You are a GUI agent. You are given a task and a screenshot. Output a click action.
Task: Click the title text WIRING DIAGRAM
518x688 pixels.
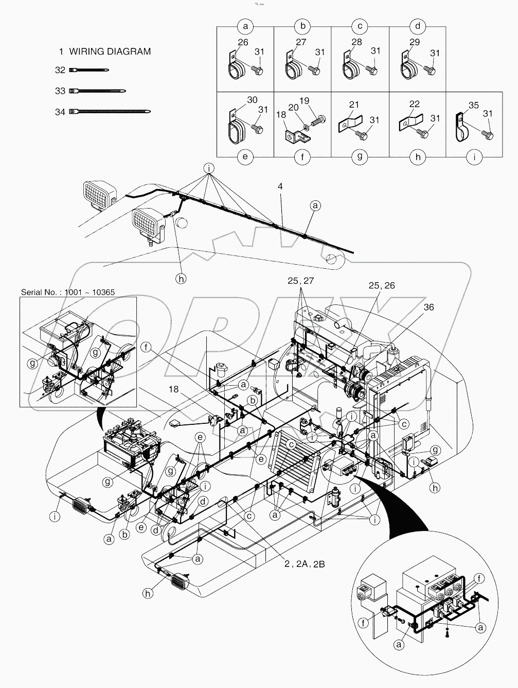[110, 51]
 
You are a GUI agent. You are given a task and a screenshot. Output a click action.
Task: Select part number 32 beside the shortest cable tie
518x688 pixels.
[60, 70]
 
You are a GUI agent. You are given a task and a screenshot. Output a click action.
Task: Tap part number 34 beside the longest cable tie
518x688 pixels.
[60, 111]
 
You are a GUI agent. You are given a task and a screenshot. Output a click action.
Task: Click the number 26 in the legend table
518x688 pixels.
[243, 42]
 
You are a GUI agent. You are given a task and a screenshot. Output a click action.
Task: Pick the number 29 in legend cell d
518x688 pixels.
[414, 42]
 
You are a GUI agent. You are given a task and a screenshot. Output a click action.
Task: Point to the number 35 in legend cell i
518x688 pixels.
[473, 105]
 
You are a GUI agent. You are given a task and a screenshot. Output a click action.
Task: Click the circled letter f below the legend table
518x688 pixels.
[302, 157]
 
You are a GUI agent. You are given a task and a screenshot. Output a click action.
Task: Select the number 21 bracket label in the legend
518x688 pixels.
[354, 105]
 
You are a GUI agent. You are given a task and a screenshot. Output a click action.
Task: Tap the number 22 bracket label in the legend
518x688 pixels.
[414, 105]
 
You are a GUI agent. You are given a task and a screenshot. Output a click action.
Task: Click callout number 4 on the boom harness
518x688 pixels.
[280, 186]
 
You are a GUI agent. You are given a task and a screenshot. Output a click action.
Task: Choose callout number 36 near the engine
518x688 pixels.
[428, 307]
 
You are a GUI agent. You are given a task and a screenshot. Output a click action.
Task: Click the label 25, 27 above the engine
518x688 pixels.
[301, 281]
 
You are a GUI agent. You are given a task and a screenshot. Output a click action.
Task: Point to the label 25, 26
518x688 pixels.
[381, 285]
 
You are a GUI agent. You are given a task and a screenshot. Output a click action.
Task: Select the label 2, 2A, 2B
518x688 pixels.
[305, 564]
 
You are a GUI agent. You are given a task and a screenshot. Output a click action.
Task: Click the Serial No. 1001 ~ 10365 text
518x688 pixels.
[68, 292]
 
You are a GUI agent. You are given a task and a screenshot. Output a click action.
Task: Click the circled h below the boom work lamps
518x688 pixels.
[181, 279]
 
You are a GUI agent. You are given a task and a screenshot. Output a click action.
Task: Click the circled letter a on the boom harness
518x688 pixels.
[315, 205]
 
